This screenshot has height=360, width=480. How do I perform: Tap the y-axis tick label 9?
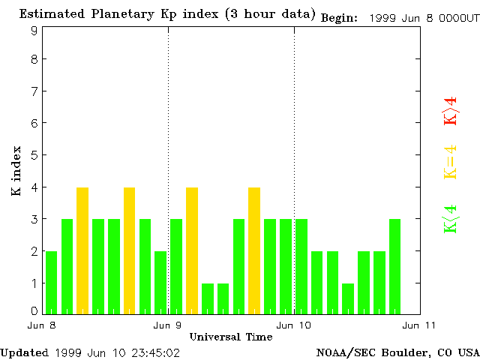point(34,31)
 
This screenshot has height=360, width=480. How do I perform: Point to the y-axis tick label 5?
point(34,155)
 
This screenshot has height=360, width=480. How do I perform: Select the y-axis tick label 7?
point(34,91)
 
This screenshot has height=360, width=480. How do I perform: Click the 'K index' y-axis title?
point(16,171)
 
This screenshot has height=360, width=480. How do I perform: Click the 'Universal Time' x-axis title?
point(231,337)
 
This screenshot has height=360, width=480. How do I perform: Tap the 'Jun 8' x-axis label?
point(42,325)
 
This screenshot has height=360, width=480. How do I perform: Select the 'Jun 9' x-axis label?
point(168,325)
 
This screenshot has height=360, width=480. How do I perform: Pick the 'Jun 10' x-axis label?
point(294,325)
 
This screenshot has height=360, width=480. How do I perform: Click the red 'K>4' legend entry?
point(450,111)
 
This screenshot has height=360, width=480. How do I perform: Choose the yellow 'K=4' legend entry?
point(450,162)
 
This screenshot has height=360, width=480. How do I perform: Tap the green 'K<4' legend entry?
point(450,219)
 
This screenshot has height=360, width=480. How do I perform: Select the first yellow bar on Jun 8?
point(82,250)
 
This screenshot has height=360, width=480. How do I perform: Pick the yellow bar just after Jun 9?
point(192,250)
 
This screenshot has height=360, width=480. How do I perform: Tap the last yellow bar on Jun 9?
point(254,250)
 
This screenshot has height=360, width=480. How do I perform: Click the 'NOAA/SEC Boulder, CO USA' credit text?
point(397,352)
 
